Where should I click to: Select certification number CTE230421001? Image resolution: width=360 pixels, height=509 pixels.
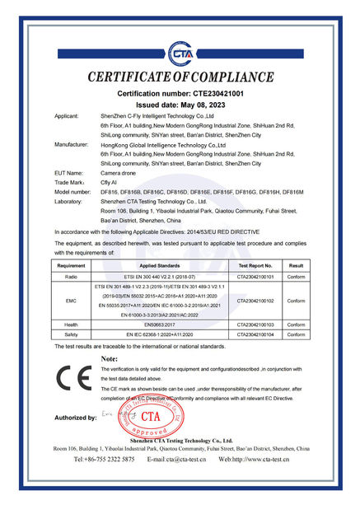(x=179, y=94)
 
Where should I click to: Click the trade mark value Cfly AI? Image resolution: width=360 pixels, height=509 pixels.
(x=110, y=182)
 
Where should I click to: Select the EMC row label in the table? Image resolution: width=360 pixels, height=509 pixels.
(x=72, y=302)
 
